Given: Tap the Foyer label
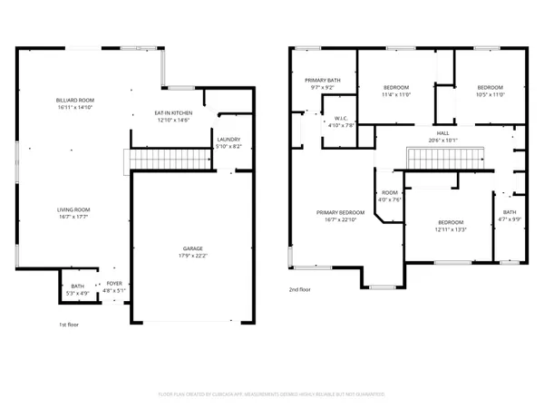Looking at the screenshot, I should (114, 285).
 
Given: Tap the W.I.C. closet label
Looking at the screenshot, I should (342, 118).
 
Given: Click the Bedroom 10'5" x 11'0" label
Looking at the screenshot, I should (490, 87).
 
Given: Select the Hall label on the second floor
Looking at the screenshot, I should (442, 132).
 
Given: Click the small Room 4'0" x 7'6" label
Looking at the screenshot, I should (390, 193).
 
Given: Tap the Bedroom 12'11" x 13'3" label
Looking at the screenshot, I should (451, 223).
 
